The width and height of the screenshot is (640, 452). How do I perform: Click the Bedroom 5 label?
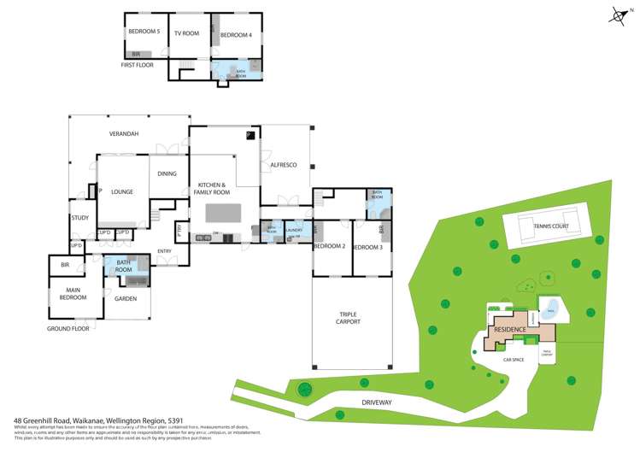(144, 32)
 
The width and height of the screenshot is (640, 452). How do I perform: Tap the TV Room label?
(186, 33)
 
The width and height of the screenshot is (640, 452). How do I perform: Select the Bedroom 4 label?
(236, 35)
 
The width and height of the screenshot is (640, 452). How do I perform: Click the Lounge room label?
(122, 192)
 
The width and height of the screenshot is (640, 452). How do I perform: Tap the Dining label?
(167, 174)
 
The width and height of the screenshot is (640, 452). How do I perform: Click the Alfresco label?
(283, 164)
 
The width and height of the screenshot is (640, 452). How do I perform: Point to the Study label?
(80, 218)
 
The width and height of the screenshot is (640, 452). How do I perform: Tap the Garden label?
(126, 299)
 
